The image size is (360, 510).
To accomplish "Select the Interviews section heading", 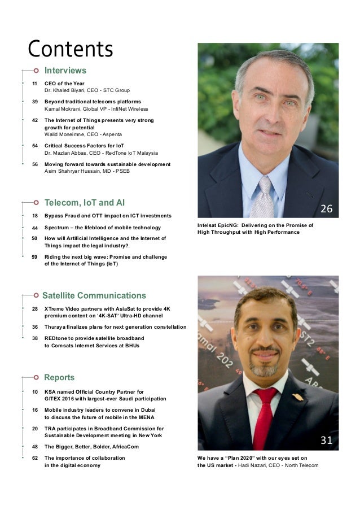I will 65,71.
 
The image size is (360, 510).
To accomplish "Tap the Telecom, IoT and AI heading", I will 85,203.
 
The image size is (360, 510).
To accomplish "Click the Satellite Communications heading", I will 94,295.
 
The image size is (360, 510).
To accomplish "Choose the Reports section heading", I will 59,377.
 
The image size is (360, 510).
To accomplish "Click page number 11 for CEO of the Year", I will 35,84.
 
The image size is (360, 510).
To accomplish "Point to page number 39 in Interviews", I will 35,102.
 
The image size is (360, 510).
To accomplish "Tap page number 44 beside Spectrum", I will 35,228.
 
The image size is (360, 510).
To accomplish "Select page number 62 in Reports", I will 35,458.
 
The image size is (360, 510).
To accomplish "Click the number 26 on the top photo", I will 327,210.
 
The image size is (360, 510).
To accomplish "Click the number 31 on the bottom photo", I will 327,441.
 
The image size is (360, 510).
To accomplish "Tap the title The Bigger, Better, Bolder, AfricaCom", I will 91,447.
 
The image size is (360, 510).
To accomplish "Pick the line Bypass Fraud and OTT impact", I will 107,216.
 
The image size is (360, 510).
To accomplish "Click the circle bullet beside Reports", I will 36,377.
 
